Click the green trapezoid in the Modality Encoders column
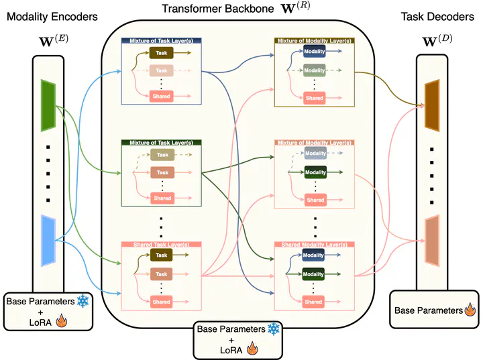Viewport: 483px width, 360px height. click(x=48, y=104)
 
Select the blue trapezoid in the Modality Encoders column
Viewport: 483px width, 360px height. click(x=48, y=240)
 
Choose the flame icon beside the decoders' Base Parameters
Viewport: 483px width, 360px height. click(x=471, y=310)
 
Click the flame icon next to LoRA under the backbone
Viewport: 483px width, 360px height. click(x=252, y=349)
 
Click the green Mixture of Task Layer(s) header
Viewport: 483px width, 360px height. click(x=161, y=143)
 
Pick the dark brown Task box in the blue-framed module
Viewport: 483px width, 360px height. click(x=161, y=52)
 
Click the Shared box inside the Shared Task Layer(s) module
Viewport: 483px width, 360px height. click(x=161, y=302)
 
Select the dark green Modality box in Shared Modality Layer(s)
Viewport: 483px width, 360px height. click(x=314, y=274)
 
